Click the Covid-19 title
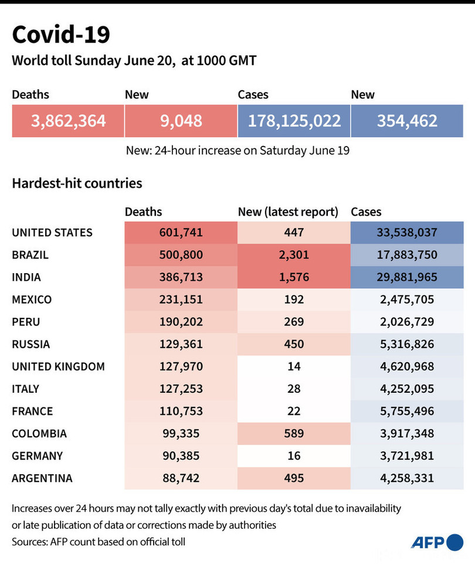tap(61, 35)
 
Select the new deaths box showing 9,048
tap(181, 121)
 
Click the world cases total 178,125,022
tap(294, 121)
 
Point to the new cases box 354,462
tap(407, 121)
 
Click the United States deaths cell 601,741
tap(181, 233)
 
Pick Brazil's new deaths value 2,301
tap(294, 255)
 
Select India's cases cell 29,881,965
tap(407, 277)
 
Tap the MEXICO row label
tap(32, 300)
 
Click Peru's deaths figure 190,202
tap(181, 322)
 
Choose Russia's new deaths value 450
tap(294, 344)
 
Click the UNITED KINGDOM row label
tap(58, 366)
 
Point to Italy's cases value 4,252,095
tap(407, 389)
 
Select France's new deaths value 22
tap(294, 411)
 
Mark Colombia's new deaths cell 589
tap(294, 433)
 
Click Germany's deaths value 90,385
tap(181, 456)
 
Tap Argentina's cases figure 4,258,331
tap(407, 478)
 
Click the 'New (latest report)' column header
tap(288, 212)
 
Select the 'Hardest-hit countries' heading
tap(77, 184)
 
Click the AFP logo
tap(436, 542)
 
